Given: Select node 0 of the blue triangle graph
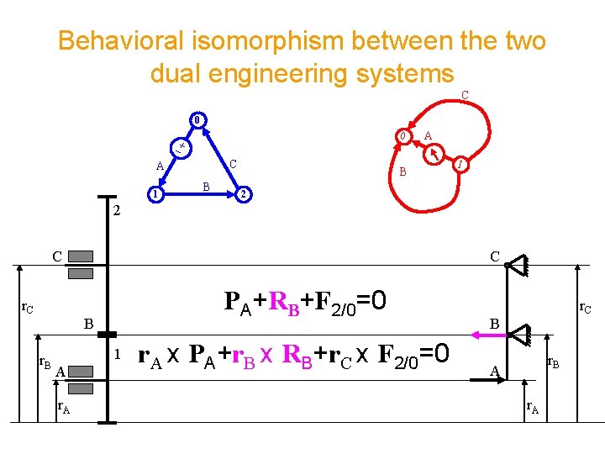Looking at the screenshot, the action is click(195, 119).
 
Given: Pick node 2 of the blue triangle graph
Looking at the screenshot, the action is click(241, 195).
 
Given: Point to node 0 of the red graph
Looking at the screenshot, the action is click(403, 136).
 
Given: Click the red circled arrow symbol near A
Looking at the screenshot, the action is click(434, 156).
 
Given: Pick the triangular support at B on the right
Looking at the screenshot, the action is click(518, 334).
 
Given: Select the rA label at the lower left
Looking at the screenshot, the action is click(63, 408).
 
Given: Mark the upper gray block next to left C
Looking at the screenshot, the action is click(82, 256).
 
